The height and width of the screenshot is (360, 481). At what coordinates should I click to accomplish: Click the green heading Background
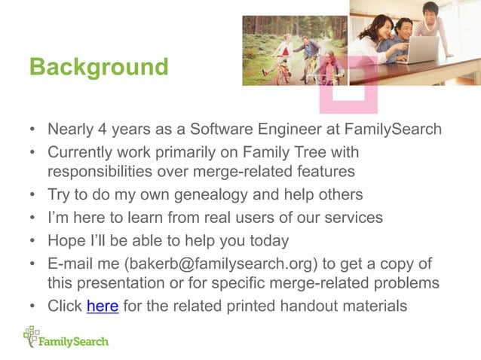(99, 67)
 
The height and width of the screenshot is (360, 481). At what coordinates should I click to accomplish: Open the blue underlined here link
(103, 307)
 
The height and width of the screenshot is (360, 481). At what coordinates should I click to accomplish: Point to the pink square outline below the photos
(346, 92)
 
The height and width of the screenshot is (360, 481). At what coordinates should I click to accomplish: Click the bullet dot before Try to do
(33, 196)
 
